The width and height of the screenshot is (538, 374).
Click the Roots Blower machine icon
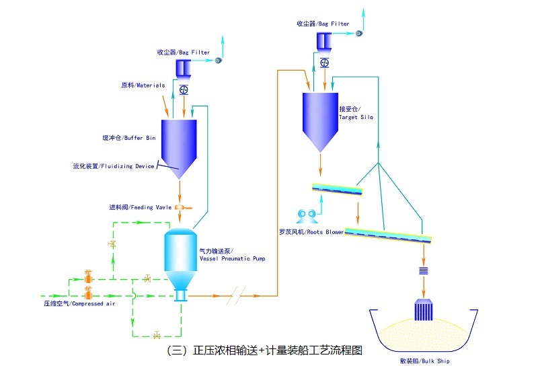pos(307,216)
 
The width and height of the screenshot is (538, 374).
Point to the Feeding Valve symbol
pos(180,207)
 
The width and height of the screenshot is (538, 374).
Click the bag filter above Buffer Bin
pos(183,67)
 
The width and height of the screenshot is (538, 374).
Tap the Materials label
pos(143,85)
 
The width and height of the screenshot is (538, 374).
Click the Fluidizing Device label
pos(113,166)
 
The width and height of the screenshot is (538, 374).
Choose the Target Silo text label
pos(356,113)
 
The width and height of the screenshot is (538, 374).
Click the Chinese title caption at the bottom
pos(264,350)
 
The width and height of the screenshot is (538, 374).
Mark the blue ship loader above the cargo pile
pos(424,311)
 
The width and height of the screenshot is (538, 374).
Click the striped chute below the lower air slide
pos(424,270)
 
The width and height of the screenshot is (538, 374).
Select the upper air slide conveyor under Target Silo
pos(338,190)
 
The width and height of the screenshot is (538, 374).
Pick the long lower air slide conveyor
pos(388,235)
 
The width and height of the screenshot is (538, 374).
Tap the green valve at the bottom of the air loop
pos(157,334)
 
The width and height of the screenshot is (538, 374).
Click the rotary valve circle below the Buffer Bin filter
pos(183,89)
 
